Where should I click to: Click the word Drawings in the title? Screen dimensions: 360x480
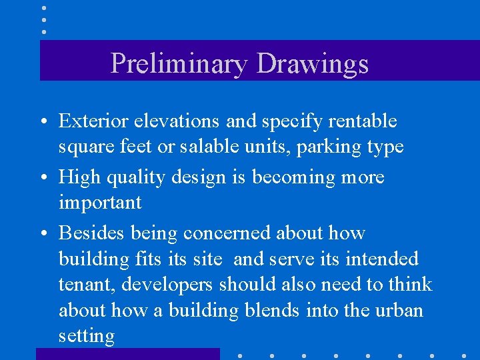[x=312, y=63]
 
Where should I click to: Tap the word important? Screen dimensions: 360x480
[x=100, y=203]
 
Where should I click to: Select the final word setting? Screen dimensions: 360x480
[x=87, y=336]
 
